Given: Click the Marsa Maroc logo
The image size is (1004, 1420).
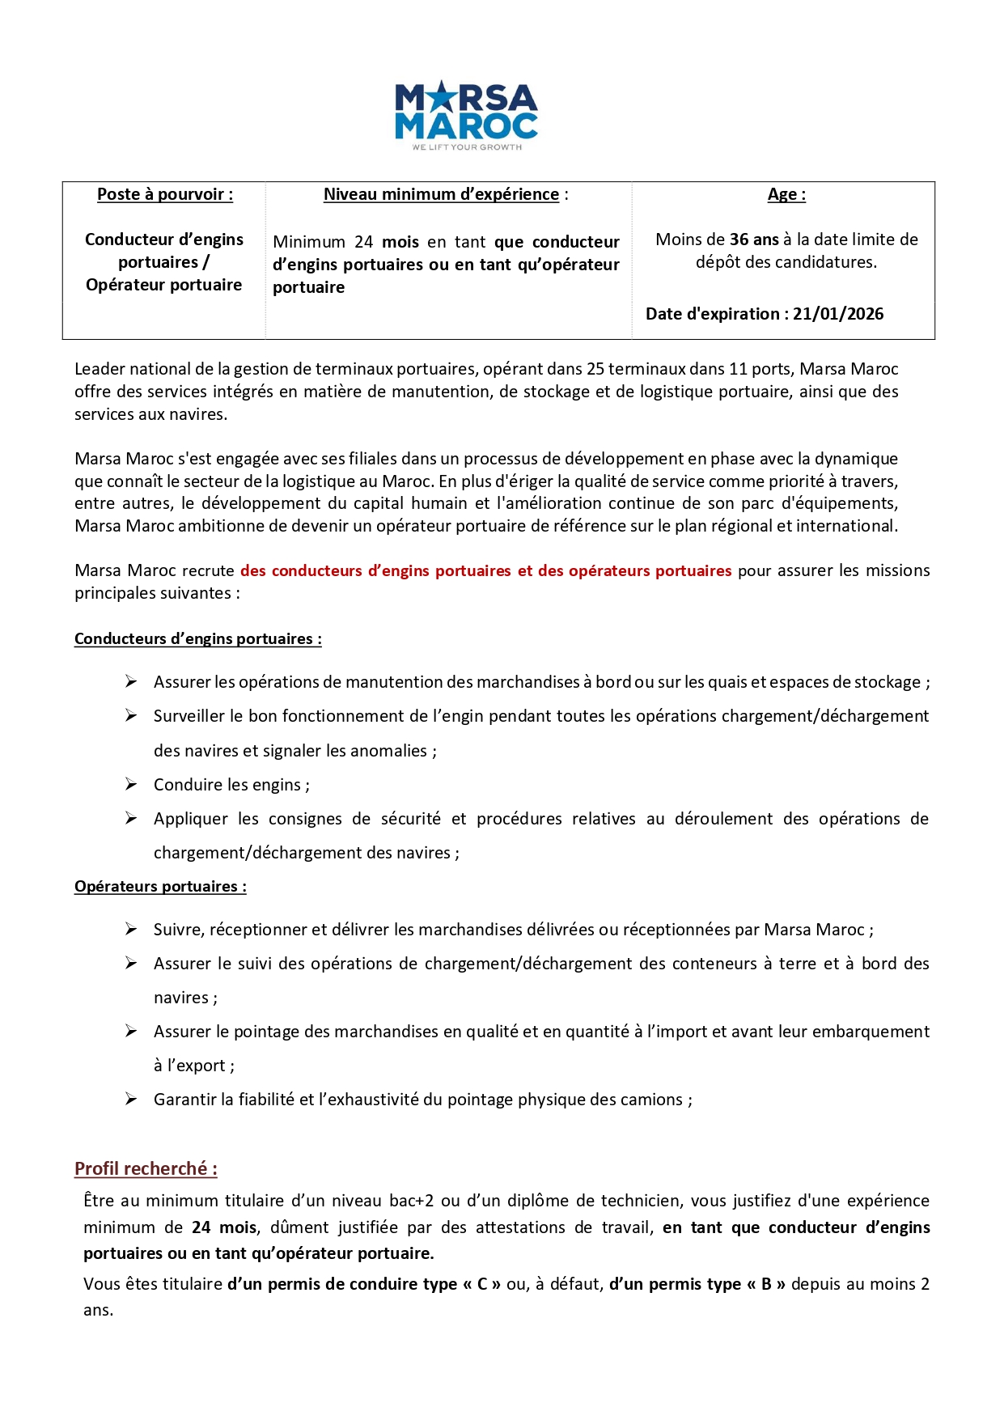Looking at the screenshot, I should click(x=466, y=114).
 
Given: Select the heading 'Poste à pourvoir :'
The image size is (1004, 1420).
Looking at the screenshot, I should click(x=165, y=194).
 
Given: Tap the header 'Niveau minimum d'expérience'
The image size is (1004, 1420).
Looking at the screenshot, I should click(x=441, y=194).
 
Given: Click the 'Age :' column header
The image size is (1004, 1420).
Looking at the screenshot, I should click(x=786, y=194).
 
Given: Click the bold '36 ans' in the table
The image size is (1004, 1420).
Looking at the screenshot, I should click(x=754, y=239).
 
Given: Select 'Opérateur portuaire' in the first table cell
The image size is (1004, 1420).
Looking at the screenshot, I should click(x=164, y=285).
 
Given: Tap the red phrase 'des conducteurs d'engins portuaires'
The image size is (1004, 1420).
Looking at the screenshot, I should click(x=375, y=570).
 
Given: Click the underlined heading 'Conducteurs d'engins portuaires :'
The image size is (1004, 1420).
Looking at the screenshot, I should click(x=197, y=638).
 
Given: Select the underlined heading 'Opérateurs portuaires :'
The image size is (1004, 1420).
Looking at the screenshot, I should click(x=160, y=886).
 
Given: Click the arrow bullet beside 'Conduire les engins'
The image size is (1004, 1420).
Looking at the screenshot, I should click(x=131, y=784).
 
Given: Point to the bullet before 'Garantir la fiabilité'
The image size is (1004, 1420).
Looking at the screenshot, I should click(x=131, y=1099).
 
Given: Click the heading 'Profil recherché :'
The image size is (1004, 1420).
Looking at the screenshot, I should click(x=146, y=1168).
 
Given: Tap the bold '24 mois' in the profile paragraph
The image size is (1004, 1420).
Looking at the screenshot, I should click(x=224, y=1227).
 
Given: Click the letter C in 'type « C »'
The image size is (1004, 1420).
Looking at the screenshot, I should click(x=482, y=1284).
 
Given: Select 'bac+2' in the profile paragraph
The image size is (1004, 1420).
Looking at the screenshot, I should click(x=411, y=1201).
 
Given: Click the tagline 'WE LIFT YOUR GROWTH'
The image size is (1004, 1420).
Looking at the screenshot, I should click(x=467, y=147).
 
